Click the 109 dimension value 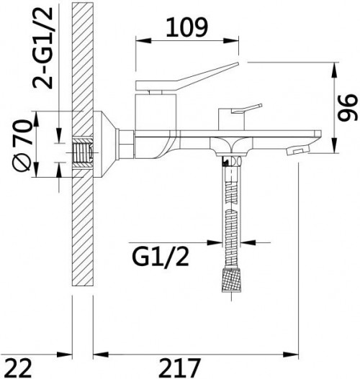[186, 27]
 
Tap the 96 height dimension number [348, 107]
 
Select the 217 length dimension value [180, 368]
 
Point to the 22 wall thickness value [18, 368]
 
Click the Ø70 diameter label [22, 145]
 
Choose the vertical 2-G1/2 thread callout [42, 47]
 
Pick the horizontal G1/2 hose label [160, 257]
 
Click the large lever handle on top [186, 77]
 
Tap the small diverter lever [246, 109]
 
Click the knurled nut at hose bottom [232, 280]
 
